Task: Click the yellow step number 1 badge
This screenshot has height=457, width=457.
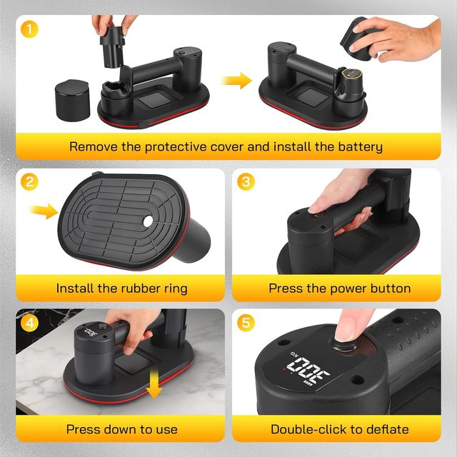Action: (29, 29)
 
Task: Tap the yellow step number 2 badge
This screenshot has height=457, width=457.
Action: (29, 182)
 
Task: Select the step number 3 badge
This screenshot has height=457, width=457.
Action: (246, 182)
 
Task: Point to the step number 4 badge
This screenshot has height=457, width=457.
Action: (29, 323)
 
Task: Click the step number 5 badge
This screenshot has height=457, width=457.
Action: (246, 323)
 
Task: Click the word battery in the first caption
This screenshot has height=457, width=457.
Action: (360, 147)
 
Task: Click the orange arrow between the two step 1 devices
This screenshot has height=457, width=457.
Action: (236, 81)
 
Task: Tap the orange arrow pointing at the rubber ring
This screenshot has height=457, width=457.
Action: (44, 211)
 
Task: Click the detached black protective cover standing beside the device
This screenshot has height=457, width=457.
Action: (72, 100)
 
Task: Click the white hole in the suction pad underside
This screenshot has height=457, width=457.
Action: (148, 221)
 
